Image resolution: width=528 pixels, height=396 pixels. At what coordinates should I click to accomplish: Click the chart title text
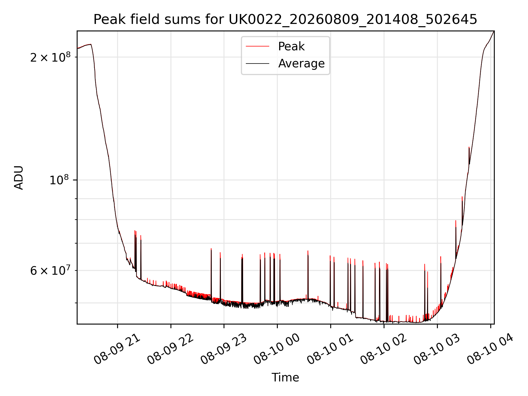(x=285, y=20)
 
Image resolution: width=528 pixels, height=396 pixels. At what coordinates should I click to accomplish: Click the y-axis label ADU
(x=19, y=178)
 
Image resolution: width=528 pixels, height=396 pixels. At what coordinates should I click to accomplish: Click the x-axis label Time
(x=285, y=377)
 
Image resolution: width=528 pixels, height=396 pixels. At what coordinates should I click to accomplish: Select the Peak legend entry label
(x=291, y=46)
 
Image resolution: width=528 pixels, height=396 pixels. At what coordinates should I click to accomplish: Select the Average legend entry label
(x=301, y=64)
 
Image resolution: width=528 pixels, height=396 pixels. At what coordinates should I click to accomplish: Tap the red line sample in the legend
(x=257, y=46)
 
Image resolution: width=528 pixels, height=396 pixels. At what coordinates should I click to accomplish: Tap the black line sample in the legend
(x=257, y=64)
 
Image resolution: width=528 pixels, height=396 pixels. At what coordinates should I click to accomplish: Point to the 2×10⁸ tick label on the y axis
(x=50, y=57)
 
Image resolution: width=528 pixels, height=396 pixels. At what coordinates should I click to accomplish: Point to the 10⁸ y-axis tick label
(x=59, y=180)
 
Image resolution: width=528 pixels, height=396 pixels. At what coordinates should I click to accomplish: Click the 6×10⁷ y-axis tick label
(x=50, y=270)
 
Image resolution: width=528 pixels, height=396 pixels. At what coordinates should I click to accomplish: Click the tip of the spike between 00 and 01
(x=308, y=251)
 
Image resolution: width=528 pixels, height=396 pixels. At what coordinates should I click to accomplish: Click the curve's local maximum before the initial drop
(x=90, y=44)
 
